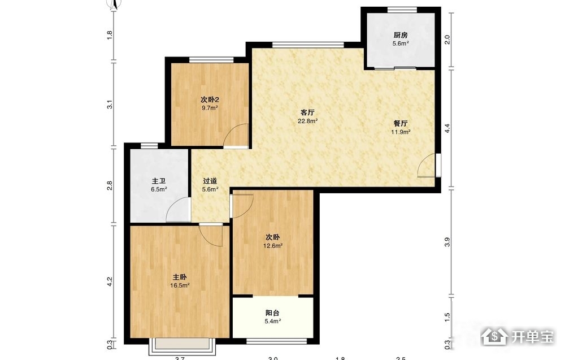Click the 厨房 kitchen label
(x=401, y=35)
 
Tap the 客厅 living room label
(x=307, y=112)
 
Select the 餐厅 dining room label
(x=401, y=123)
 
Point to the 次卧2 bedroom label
(x=210, y=99)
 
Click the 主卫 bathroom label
(x=159, y=181)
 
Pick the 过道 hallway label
(x=210, y=181)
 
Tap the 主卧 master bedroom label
(x=180, y=277)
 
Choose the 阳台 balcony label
(x=272, y=313)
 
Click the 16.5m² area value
(x=180, y=285)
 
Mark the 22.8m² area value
(x=307, y=121)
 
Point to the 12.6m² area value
(x=273, y=246)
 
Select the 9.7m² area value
(x=210, y=108)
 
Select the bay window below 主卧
(x=182, y=345)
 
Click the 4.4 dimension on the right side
(x=447, y=128)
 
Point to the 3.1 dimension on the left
(x=110, y=105)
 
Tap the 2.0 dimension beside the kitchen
(x=447, y=40)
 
